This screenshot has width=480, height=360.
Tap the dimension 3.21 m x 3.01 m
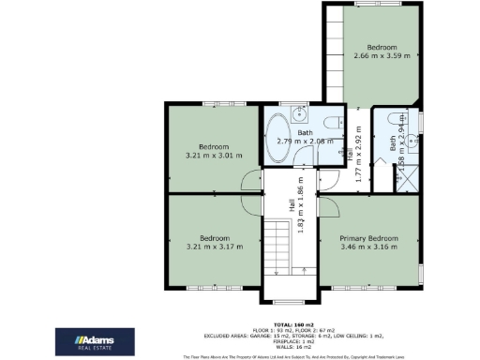pos(214,156)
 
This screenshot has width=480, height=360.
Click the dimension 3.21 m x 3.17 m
pos(214,247)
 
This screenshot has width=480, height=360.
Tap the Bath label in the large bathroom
pos(306,133)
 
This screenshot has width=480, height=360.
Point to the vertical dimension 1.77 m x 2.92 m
pos(357,154)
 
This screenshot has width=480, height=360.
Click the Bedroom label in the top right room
pos(382,47)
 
